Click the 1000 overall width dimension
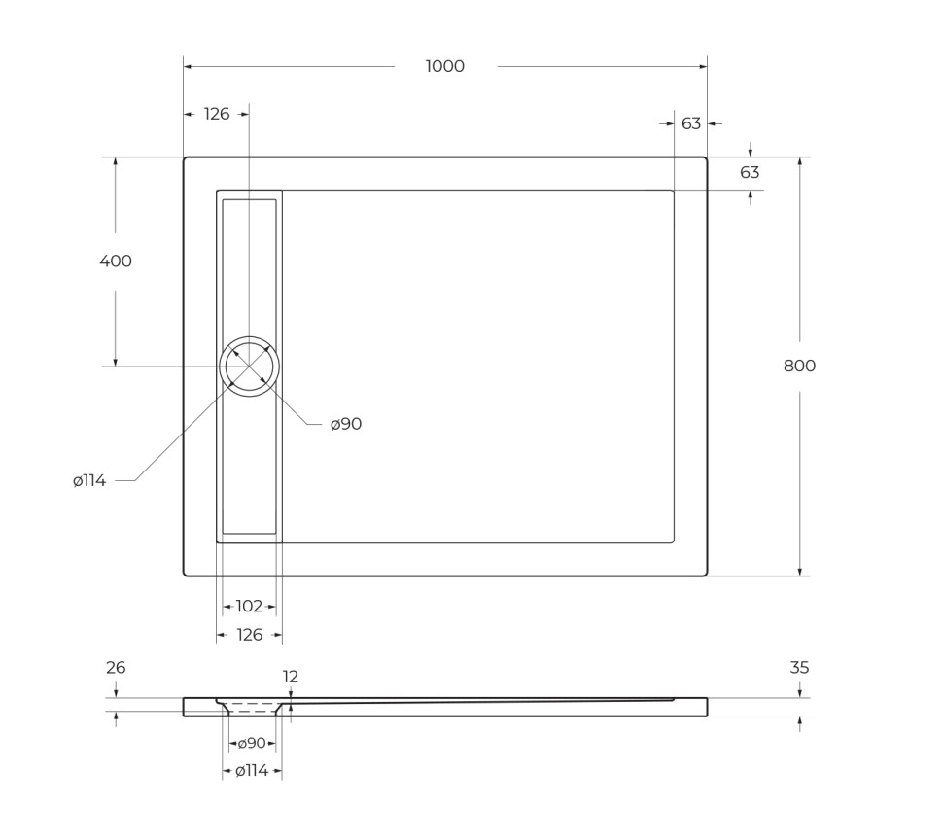(444, 66)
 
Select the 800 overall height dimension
(799, 366)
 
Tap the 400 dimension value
(115, 261)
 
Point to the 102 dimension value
(249, 606)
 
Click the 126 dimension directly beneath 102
(249, 635)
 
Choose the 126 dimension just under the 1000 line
(217, 114)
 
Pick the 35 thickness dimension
(799, 668)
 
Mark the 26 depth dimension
(116, 668)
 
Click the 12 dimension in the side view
(291, 677)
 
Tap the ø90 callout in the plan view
(345, 424)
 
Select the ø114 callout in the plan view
(89, 480)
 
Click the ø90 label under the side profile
(252, 743)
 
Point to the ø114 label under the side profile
(252, 771)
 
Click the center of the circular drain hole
(249, 367)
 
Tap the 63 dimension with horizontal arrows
(691, 123)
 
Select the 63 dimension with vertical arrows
(750, 172)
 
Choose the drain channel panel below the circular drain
(249, 467)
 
